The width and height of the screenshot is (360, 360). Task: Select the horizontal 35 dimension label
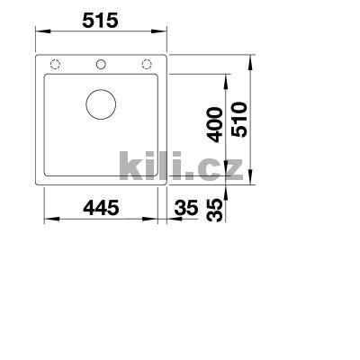pyautogui.click(x=186, y=209)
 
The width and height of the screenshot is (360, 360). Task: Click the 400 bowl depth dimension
pyautogui.click(x=215, y=126)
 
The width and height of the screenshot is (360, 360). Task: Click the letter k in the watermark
pyautogui.click(x=130, y=165)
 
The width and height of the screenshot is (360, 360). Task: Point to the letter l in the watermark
pyautogui.click(x=165, y=164)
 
